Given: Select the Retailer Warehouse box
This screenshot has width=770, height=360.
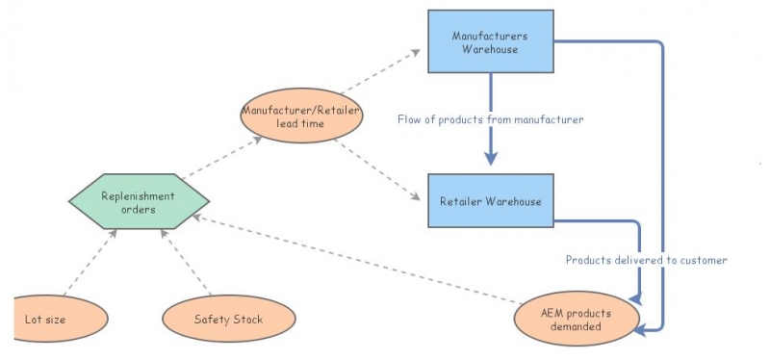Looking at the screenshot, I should tap(490, 201).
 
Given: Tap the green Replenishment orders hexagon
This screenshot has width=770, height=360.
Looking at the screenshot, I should tap(138, 202).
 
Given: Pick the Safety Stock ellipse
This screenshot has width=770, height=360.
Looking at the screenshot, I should tap(228, 320).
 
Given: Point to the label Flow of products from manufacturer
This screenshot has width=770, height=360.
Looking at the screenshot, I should tap(491, 120).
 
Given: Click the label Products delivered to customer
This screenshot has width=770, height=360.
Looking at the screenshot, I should tap(646, 260).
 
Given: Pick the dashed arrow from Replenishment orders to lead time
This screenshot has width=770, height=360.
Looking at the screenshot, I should tap(219, 159).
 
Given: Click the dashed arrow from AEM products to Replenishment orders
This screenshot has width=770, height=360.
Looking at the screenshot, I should tap(356, 261).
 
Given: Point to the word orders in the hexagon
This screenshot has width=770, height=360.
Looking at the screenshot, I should tap(138, 209).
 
